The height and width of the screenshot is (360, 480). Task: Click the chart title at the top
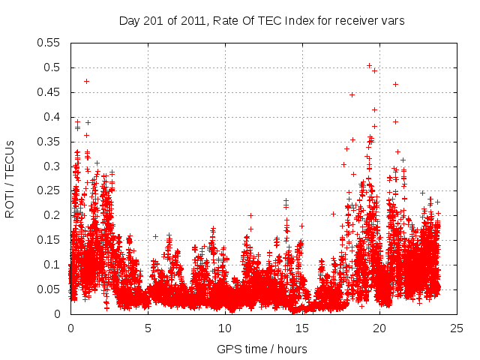coord(262,21)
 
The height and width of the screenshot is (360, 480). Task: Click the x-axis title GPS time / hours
coord(262,349)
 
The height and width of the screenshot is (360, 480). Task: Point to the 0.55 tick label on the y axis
coord(50,43)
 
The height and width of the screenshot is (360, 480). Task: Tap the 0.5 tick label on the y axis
coord(53,67)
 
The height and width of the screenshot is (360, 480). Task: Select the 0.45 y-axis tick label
coord(50,92)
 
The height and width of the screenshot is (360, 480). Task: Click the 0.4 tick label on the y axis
coord(53,117)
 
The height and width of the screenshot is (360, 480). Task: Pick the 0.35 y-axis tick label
coord(50,142)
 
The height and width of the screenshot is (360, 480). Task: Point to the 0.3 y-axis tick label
coord(53,166)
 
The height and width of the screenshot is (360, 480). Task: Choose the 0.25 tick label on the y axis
coord(50,190)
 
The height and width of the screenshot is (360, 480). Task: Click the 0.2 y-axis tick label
coord(53,215)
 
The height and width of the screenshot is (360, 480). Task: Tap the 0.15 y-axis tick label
coord(50,240)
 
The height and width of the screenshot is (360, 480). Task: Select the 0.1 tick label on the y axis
coord(53,265)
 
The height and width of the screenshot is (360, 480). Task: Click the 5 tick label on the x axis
coord(148,328)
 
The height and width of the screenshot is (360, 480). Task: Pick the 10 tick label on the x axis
coord(225,328)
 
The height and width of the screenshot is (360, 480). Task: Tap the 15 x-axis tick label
coord(302,328)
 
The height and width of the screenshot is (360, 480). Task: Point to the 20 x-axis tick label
coord(379,328)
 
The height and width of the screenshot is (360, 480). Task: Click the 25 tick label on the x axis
coord(457,328)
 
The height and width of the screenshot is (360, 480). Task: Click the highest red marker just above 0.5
coord(369,65)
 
